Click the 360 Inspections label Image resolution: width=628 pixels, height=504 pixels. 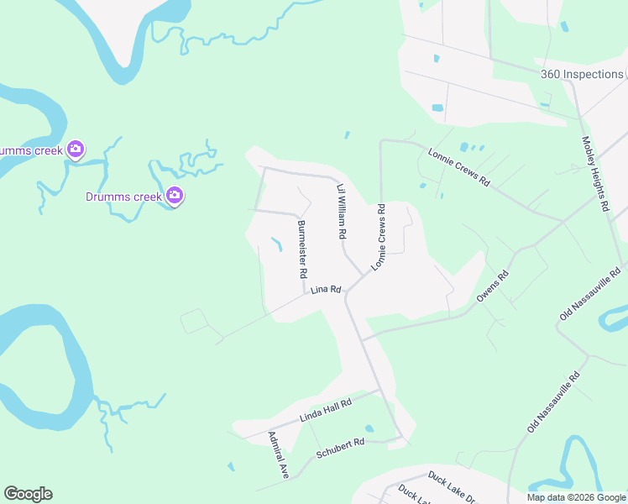(582, 74)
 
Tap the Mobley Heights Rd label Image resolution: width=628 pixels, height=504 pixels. (594, 174)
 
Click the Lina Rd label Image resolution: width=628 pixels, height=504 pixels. (325, 290)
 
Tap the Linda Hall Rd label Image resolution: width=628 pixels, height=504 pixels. (325, 410)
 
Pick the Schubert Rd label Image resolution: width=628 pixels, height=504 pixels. (340, 448)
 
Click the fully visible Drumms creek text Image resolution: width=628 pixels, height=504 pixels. (123, 197)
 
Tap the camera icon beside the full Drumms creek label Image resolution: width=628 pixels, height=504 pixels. (175, 197)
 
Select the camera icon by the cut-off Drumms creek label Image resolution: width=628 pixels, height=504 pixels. (76, 150)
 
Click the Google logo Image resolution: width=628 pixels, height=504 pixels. (28, 494)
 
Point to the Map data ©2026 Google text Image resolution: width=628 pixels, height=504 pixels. (577, 497)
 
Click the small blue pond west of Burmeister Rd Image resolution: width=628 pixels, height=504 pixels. (276, 244)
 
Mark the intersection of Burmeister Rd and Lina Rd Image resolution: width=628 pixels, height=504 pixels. (304, 293)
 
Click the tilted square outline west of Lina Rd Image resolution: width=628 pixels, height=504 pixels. (194, 321)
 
